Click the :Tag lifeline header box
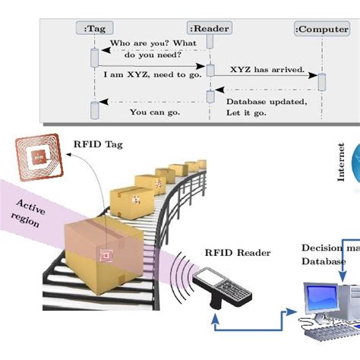click(x=94, y=28)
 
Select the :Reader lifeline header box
click(x=210, y=28)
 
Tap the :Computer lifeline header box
click(x=323, y=28)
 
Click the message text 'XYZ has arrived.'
click(x=267, y=69)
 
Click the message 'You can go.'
click(x=154, y=112)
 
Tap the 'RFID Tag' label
click(x=96, y=141)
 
